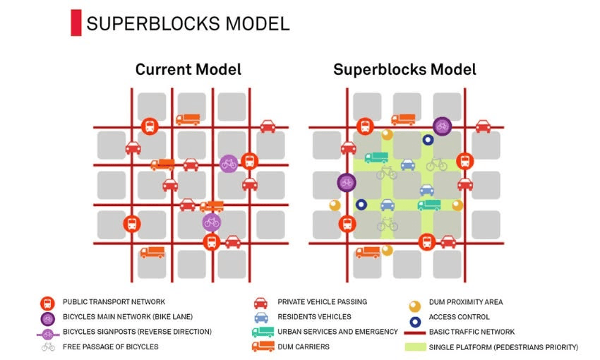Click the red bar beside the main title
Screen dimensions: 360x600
coord(76,23)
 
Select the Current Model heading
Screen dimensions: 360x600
coord(188,69)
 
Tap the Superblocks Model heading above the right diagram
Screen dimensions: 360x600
coord(404,69)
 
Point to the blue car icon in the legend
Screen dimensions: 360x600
coord(260,317)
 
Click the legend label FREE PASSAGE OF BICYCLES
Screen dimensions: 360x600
coord(110,347)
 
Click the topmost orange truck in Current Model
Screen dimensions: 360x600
coord(188,119)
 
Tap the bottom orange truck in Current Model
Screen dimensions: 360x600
coord(152,251)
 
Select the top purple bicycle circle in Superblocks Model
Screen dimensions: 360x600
coord(442,126)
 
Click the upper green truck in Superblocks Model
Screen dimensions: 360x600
coord(376,157)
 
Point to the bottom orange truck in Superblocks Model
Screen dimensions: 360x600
coord(367,251)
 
